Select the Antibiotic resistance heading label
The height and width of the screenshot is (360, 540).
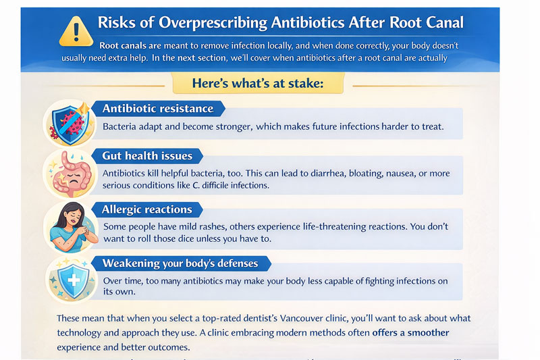coord(157,109)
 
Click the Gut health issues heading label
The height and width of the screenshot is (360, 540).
coord(146,156)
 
